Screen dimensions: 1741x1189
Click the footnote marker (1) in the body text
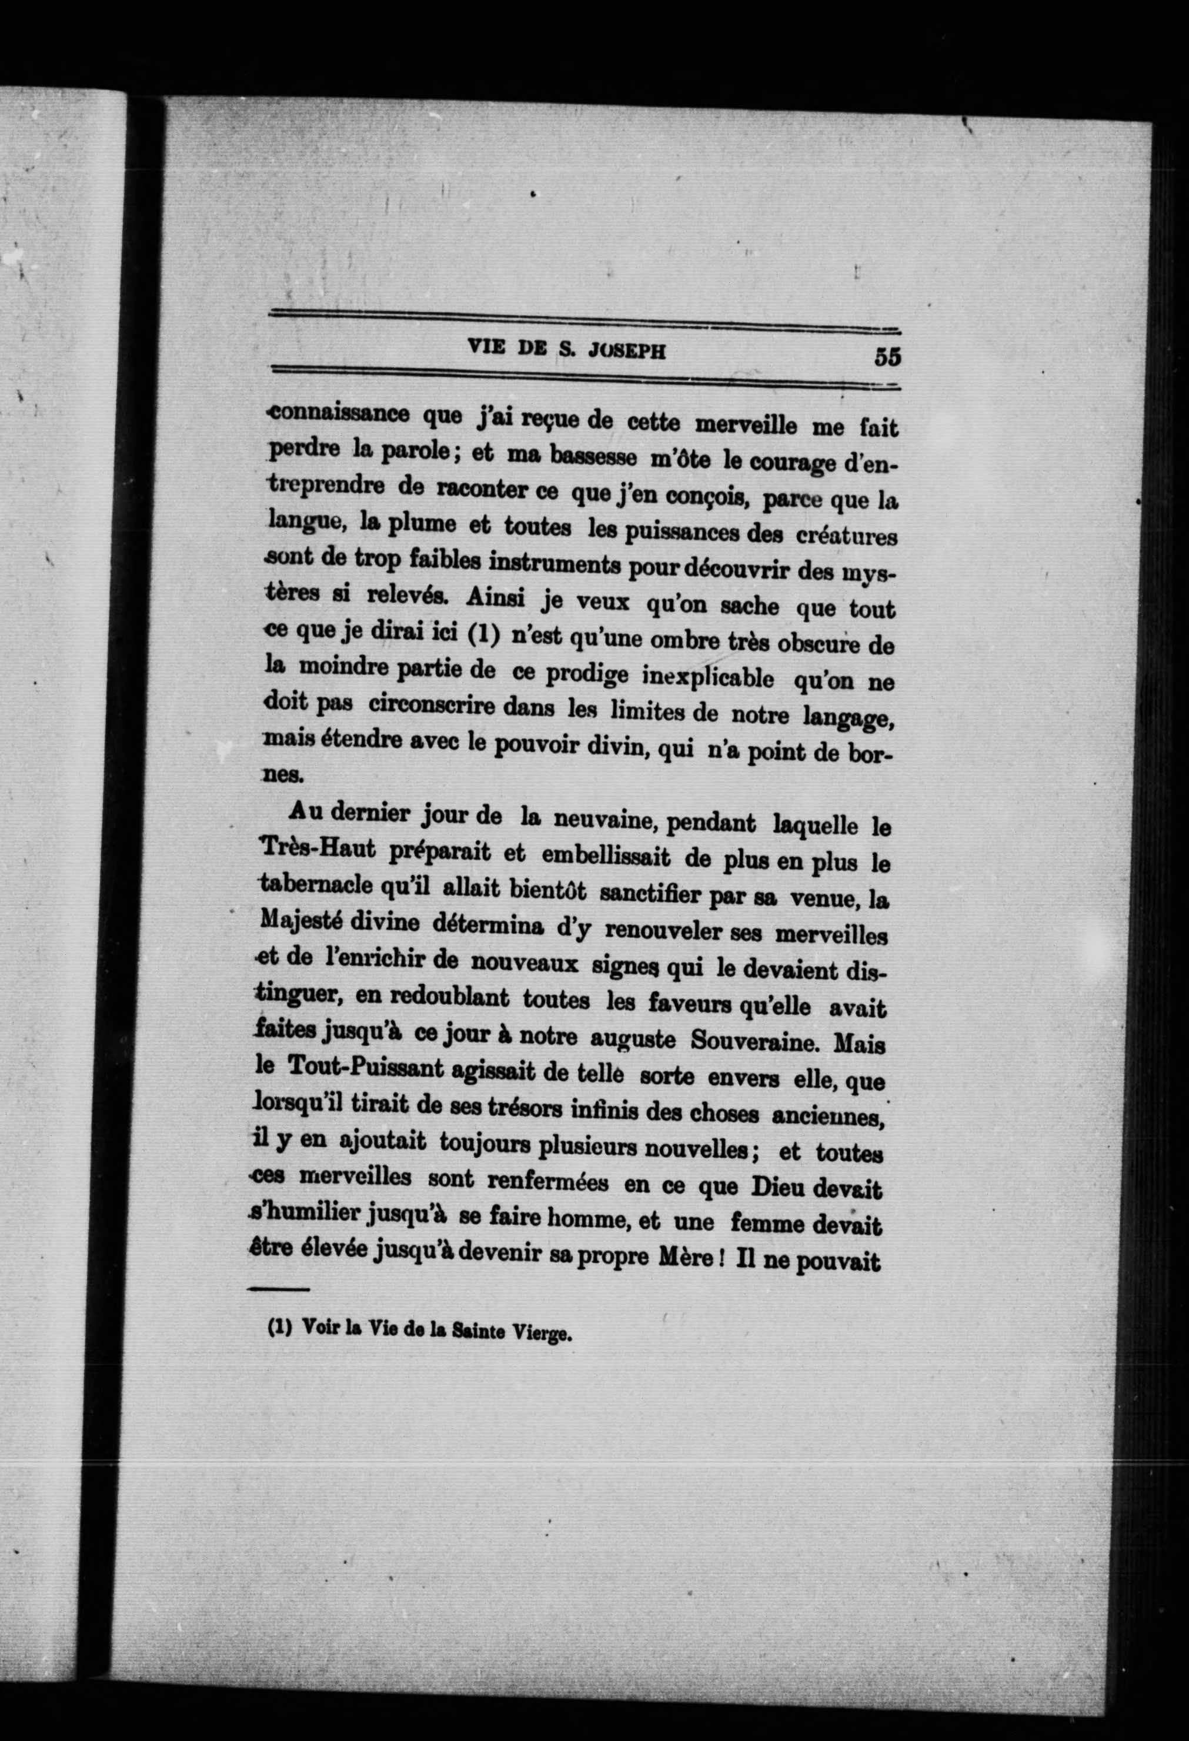pyautogui.click(x=484, y=634)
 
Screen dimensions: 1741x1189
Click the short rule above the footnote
pyautogui.click(x=278, y=1289)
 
